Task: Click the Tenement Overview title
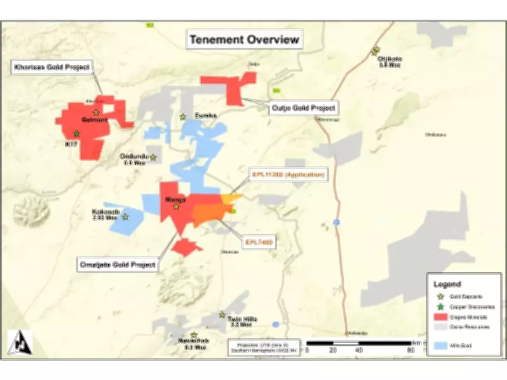pos(244,41)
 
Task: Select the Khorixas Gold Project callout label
pos(52,67)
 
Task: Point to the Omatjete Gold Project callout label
pos(117,265)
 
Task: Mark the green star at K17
pos(76,134)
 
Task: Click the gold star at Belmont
pos(96,112)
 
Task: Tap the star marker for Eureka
pos(183,117)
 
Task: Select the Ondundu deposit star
pos(152,157)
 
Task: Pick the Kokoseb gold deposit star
pos(125,217)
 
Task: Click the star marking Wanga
pos(177,206)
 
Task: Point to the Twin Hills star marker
pos(222,314)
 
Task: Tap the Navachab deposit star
pos(194,336)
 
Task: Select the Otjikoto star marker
pos(375,51)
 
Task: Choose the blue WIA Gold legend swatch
pos(442,345)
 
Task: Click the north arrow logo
pos(19,342)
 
